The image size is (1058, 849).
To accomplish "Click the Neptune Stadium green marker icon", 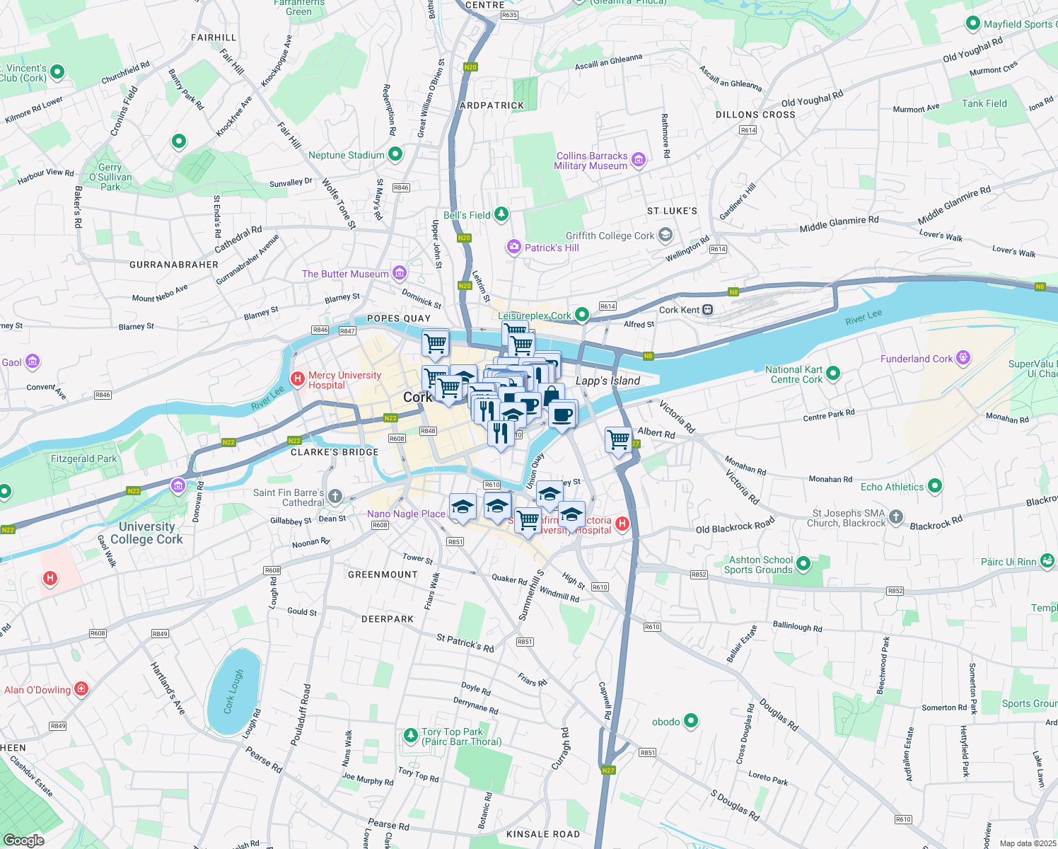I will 395,154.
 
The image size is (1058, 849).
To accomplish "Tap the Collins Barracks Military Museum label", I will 591,161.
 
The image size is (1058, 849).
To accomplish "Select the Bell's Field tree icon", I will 501,214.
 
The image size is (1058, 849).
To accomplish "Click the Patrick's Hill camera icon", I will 513,247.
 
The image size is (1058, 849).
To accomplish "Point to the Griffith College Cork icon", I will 665,235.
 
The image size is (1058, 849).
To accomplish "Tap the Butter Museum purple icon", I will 400,272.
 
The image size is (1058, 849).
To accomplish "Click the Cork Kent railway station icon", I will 708,310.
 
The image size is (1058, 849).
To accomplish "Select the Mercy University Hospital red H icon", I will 298,379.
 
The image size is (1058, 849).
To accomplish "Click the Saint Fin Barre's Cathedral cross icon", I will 335,497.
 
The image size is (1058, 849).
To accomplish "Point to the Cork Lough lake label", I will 233,691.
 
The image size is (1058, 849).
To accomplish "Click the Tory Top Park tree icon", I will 410,736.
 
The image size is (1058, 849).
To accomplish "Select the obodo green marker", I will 691,721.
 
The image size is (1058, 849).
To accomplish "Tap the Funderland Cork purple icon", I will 963,358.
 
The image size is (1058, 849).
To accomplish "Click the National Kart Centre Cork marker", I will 833,373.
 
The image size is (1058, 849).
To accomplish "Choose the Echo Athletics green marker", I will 935,485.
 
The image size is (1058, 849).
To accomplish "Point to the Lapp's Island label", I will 608,381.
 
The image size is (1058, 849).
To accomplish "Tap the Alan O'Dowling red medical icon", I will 81,688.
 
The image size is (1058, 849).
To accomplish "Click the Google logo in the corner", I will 24,840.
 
